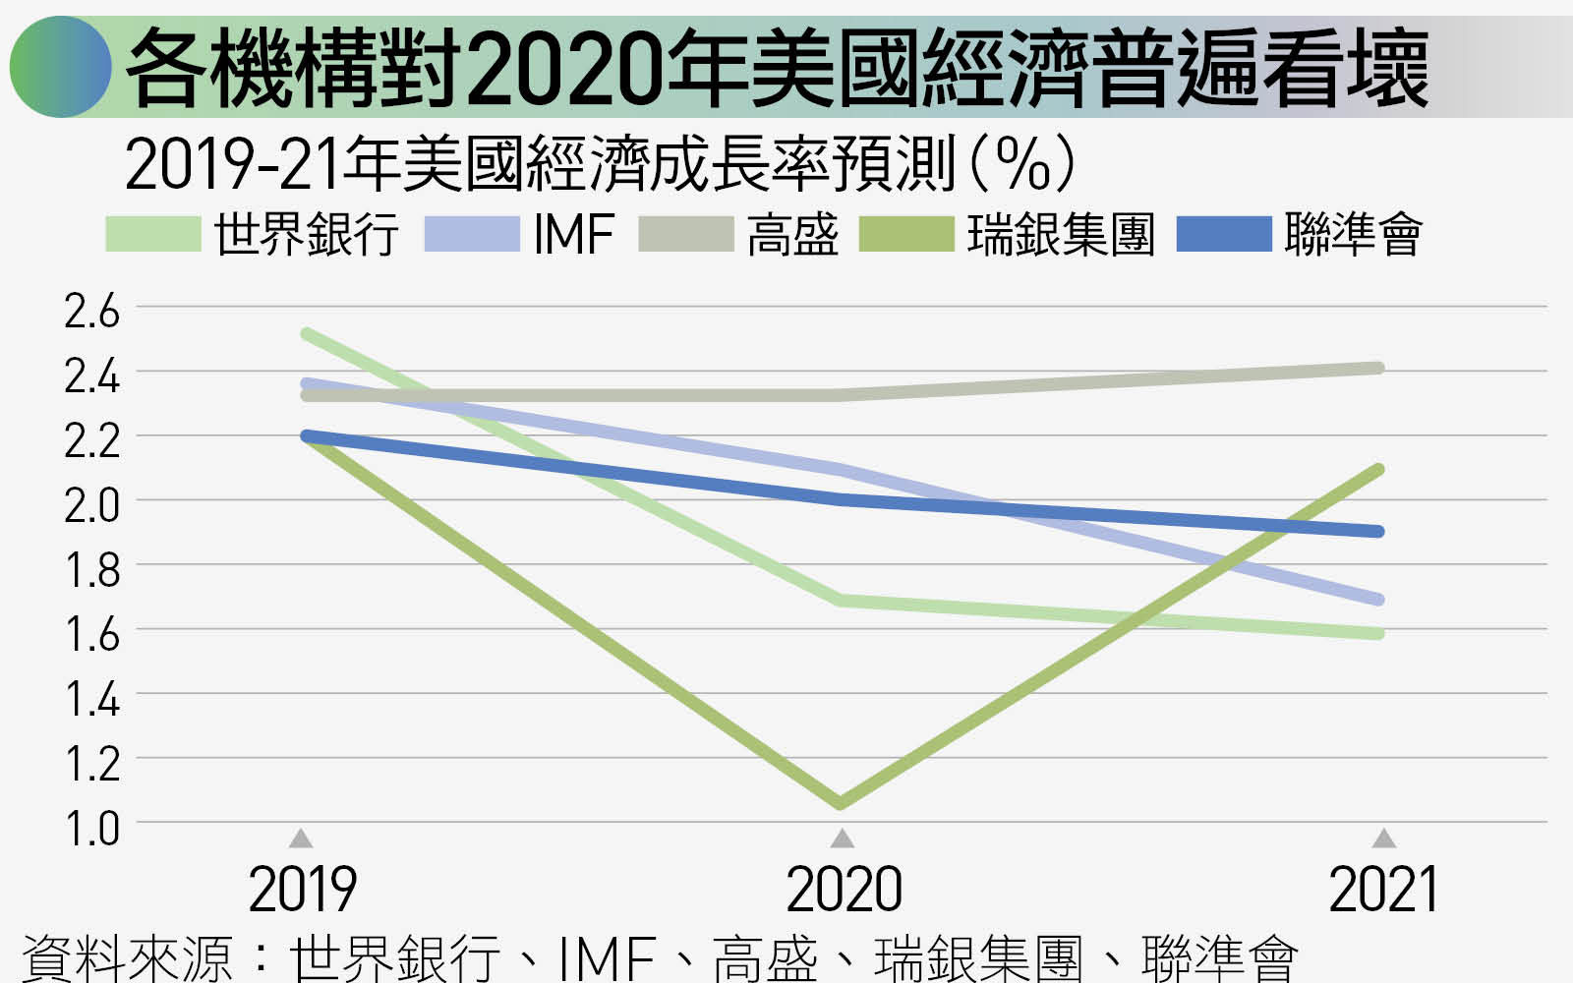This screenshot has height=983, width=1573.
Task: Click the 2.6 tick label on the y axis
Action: (x=92, y=311)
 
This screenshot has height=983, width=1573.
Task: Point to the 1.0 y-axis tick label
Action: (x=92, y=830)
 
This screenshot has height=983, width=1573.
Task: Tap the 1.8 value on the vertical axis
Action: (x=92, y=570)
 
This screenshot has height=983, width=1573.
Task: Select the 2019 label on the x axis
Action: (x=303, y=889)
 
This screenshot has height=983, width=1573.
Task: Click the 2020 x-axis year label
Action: (x=844, y=889)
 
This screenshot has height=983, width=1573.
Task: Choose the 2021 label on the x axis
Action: (x=1382, y=889)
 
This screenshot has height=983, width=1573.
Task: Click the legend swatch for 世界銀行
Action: (x=153, y=234)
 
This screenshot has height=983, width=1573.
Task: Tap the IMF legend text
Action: (x=574, y=235)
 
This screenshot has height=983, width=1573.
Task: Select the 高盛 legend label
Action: (x=792, y=235)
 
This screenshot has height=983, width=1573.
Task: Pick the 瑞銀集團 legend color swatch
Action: (x=906, y=234)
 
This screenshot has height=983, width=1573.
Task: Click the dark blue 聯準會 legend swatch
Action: (x=1224, y=234)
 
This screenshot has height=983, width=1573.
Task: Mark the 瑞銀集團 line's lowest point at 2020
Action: (x=841, y=802)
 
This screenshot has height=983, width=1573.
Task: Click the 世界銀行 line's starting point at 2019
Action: (x=307, y=333)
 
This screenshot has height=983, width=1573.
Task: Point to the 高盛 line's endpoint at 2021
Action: (x=1378, y=368)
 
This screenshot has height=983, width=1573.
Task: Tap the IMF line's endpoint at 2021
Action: (x=1378, y=599)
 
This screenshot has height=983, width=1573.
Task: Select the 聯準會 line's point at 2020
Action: (x=841, y=500)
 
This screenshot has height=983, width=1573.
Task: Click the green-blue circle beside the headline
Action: (x=60, y=67)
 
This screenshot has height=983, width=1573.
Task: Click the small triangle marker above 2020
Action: (x=842, y=838)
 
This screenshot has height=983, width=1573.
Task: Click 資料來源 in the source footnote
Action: (x=127, y=959)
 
